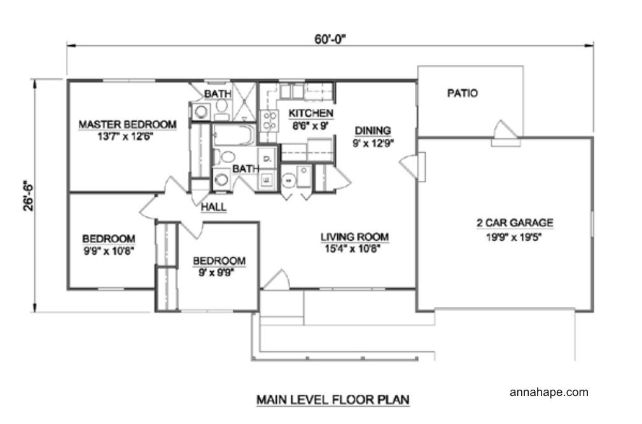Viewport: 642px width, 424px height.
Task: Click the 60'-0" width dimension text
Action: click(330, 39)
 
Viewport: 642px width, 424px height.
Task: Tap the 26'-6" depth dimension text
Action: click(29, 196)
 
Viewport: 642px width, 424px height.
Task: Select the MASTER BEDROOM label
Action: click(127, 124)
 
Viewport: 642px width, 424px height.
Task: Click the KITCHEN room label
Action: click(311, 113)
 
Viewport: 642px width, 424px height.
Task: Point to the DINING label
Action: click(373, 131)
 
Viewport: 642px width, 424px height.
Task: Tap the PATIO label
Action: click(463, 94)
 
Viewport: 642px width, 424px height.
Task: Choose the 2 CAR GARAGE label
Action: click(515, 223)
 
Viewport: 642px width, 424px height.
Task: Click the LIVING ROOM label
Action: click(354, 237)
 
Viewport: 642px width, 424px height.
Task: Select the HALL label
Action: click(213, 208)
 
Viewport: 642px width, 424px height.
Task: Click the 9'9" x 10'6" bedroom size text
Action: click(109, 251)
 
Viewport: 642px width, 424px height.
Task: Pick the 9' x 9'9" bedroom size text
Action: click(216, 272)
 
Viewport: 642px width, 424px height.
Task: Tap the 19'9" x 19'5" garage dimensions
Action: click(514, 237)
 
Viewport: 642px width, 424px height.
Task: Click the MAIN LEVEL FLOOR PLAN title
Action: click(333, 399)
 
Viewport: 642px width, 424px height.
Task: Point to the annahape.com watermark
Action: click(549, 392)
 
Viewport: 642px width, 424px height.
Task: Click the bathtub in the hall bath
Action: click(234, 135)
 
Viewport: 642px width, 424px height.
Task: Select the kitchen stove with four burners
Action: click(269, 120)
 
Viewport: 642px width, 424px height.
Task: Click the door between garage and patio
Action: click(506, 134)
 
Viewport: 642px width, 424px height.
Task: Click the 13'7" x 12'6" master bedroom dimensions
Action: click(125, 136)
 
